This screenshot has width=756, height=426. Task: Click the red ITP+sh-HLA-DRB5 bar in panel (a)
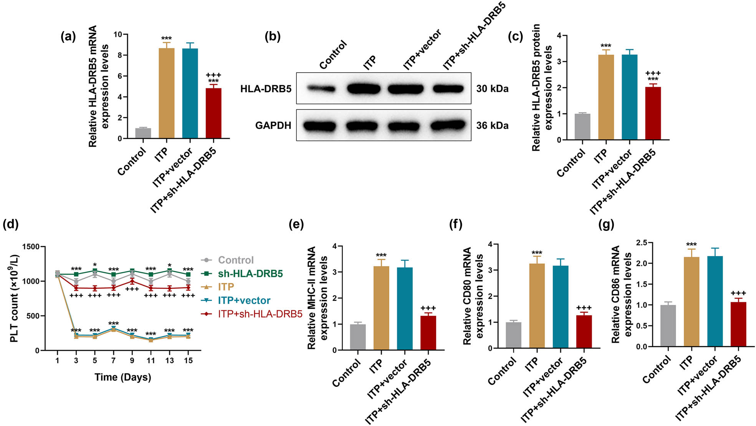pyautogui.click(x=213, y=113)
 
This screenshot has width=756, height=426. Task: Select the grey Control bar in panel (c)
pyautogui.click(x=582, y=127)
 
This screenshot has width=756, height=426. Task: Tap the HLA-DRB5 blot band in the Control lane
pyautogui.click(x=321, y=89)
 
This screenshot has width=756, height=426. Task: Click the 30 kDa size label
pyautogui.click(x=492, y=89)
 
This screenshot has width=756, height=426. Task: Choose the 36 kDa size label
pyautogui.click(x=492, y=126)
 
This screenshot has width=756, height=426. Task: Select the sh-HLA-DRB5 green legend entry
pyautogui.click(x=250, y=274)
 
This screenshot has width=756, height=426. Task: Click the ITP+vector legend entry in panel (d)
pyautogui.click(x=244, y=300)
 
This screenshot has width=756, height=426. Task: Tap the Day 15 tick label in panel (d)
pyautogui.click(x=188, y=360)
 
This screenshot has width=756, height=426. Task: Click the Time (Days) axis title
pyautogui.click(x=123, y=377)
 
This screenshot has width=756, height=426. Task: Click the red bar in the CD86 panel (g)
pyautogui.click(x=738, y=324)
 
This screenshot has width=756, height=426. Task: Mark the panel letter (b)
pyautogui.click(x=273, y=36)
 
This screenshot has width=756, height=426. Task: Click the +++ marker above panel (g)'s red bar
pyautogui.click(x=738, y=293)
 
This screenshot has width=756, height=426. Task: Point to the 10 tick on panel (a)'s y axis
pyautogui.click(x=117, y=35)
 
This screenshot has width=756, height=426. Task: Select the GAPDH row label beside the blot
pyautogui.click(x=273, y=126)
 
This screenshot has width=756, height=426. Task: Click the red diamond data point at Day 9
pyautogui.click(x=132, y=281)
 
